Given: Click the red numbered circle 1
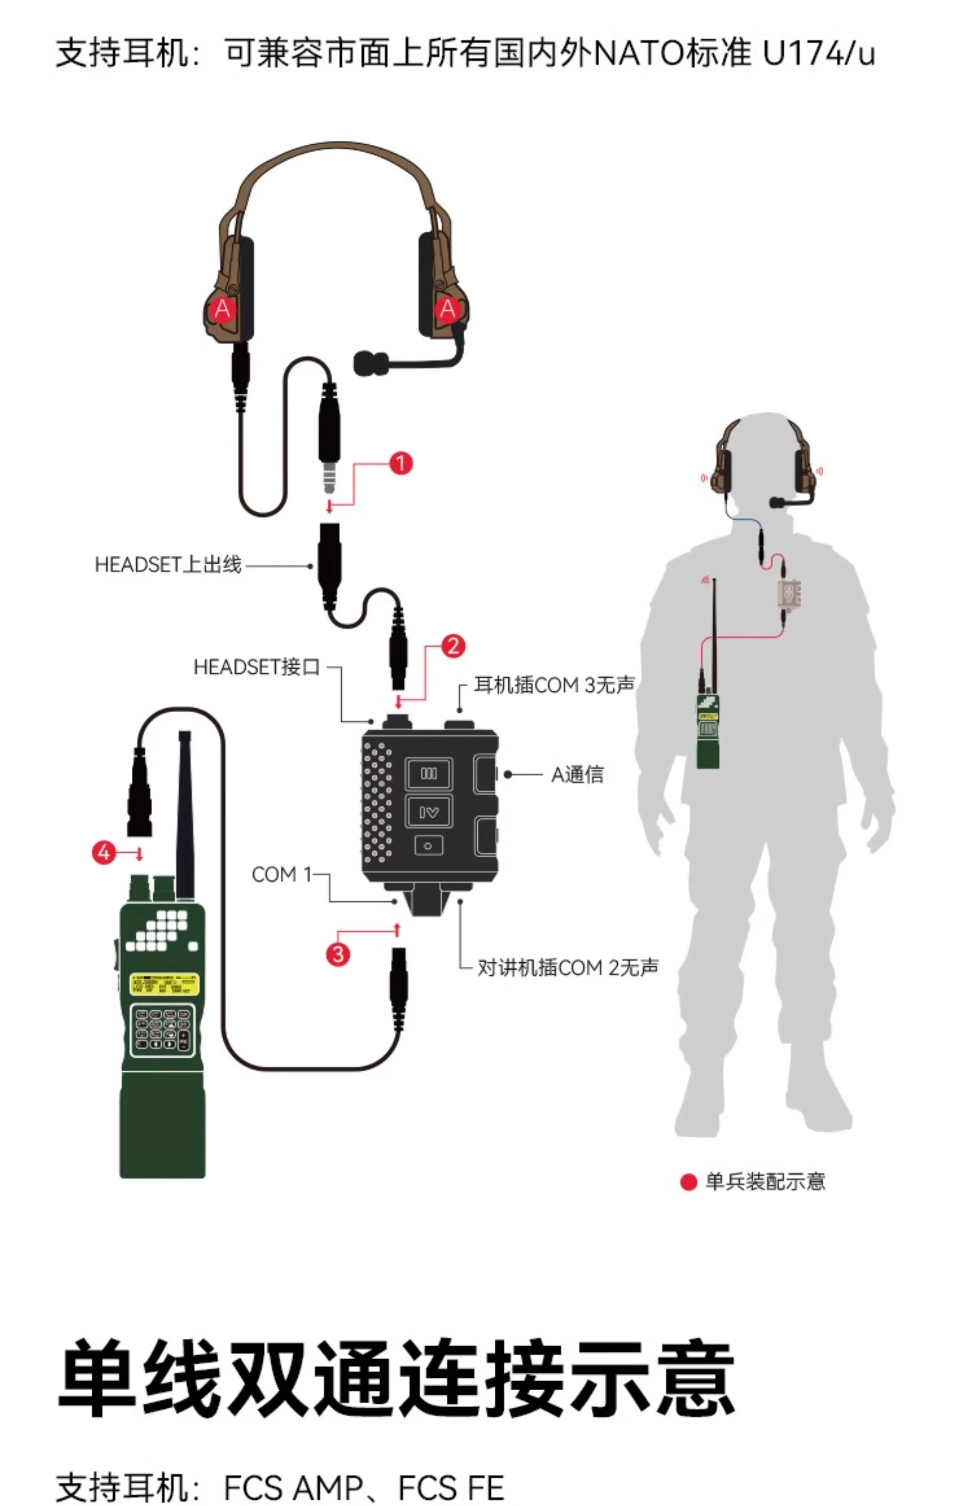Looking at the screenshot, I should click(x=401, y=464).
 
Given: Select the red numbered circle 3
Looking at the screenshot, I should click(x=338, y=953).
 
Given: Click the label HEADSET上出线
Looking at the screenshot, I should click(x=168, y=564).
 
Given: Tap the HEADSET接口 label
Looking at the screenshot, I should click(x=256, y=667).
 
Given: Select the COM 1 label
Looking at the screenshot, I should click(x=281, y=875).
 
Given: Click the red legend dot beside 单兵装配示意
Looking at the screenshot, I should click(x=688, y=1181).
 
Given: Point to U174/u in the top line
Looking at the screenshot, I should click(x=818, y=53).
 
